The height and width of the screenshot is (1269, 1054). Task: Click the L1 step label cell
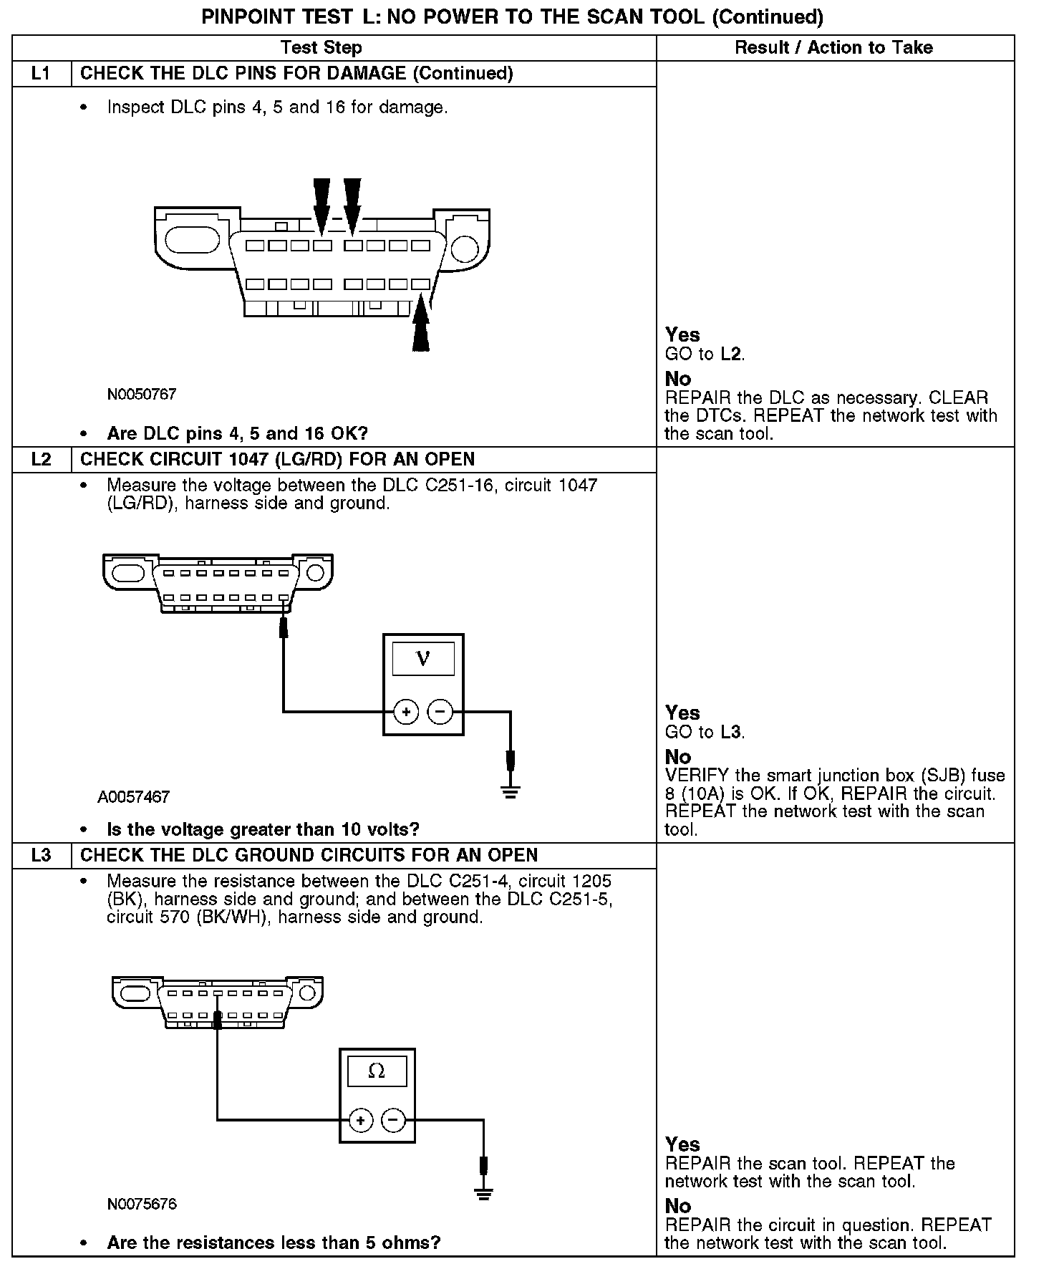[x=42, y=73]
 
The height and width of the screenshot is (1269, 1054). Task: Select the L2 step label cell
[x=42, y=459]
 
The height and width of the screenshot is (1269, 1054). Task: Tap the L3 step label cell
[x=42, y=855]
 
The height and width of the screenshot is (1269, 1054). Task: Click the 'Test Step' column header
[x=321, y=47]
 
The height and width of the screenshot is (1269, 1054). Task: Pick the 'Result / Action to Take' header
[x=833, y=47]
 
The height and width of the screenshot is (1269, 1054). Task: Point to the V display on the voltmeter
[x=423, y=659]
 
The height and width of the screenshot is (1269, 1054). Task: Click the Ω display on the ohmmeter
[x=377, y=1071]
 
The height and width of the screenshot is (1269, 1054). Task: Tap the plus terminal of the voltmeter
[x=406, y=712]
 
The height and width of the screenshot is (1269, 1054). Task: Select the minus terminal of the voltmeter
[x=440, y=712]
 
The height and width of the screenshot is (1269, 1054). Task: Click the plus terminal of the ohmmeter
[x=361, y=1121]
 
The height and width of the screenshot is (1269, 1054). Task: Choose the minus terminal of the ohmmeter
[x=393, y=1121]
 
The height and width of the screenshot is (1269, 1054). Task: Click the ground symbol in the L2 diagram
[x=510, y=791]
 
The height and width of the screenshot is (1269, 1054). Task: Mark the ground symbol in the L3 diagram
[x=484, y=1193]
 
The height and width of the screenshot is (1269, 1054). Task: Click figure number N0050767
[x=142, y=395]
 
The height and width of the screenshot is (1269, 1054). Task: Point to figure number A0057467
[x=134, y=797]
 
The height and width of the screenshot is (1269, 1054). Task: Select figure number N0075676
[x=142, y=1204]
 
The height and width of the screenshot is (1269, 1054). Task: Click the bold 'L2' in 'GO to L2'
[x=730, y=354]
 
